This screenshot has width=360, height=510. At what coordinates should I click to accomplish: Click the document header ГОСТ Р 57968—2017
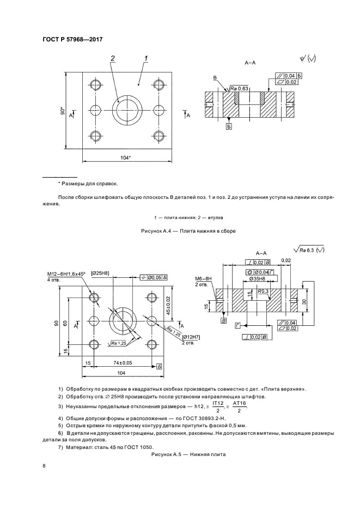[72, 39]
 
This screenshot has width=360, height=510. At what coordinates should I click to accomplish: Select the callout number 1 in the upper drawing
[147, 58]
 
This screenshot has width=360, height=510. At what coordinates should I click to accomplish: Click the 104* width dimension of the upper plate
[126, 157]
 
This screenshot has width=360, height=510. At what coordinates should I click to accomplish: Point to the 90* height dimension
[63, 111]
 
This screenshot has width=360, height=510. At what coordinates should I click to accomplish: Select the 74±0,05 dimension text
[124, 362]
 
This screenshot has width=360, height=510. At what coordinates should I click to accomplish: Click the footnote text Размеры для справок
[89, 184]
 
